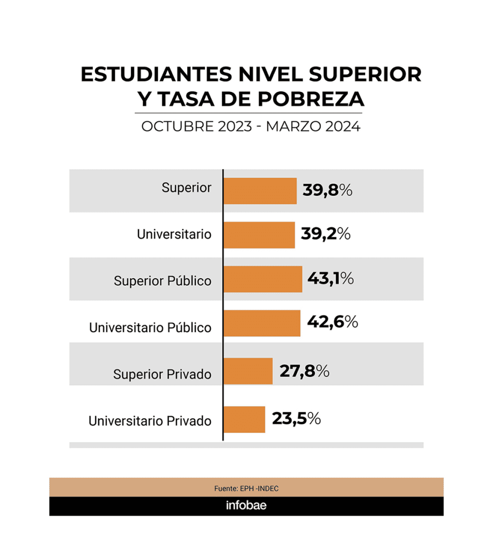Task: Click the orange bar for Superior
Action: (x=260, y=191)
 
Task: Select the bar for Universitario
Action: (x=259, y=234)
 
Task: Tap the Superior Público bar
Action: (x=263, y=279)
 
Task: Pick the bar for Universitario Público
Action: (x=262, y=323)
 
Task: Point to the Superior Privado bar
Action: (x=248, y=371)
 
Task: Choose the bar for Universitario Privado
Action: (x=244, y=419)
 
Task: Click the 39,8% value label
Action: (x=327, y=190)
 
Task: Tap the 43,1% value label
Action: (x=331, y=278)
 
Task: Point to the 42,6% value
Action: (x=332, y=322)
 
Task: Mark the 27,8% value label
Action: (x=304, y=371)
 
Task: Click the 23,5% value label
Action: (x=296, y=418)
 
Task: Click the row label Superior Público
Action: (x=162, y=281)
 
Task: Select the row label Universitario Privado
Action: (x=150, y=420)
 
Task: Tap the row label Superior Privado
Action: (x=162, y=374)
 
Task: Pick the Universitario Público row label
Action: (x=150, y=327)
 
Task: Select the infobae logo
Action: (x=246, y=506)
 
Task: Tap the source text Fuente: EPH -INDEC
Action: (x=246, y=488)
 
